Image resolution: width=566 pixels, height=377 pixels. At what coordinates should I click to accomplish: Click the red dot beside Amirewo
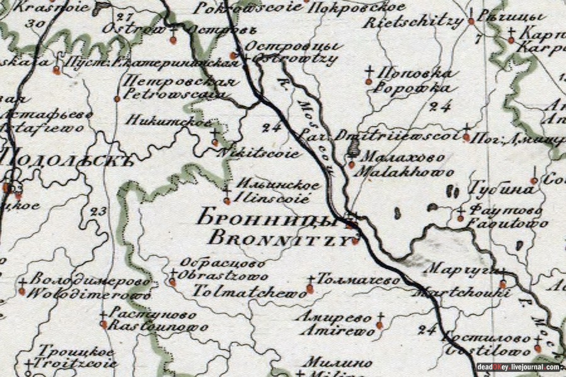click(379, 325)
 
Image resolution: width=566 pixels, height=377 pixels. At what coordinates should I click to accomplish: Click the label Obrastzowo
click(223, 276)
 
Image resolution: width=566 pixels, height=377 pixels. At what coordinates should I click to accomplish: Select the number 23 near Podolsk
click(98, 212)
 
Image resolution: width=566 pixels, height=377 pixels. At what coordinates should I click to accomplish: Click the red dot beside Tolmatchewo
click(309, 289)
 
